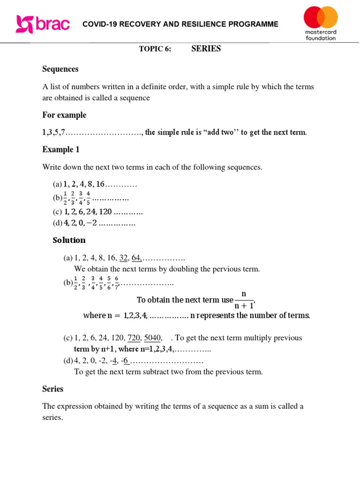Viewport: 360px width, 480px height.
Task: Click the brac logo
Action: click(43, 24)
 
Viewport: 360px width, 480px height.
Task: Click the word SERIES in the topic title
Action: click(206, 49)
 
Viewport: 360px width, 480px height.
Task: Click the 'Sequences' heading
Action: click(60, 69)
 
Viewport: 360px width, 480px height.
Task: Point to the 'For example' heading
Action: click(64, 115)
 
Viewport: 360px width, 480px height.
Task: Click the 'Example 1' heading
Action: click(61, 150)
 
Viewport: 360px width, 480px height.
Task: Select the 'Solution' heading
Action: click(69, 240)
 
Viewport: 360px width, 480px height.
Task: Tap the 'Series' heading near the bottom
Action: click(52, 389)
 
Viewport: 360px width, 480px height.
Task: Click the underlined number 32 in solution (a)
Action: click(124, 258)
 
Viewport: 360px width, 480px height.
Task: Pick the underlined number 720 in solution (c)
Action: click(134, 338)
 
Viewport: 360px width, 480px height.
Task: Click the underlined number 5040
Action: click(153, 338)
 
